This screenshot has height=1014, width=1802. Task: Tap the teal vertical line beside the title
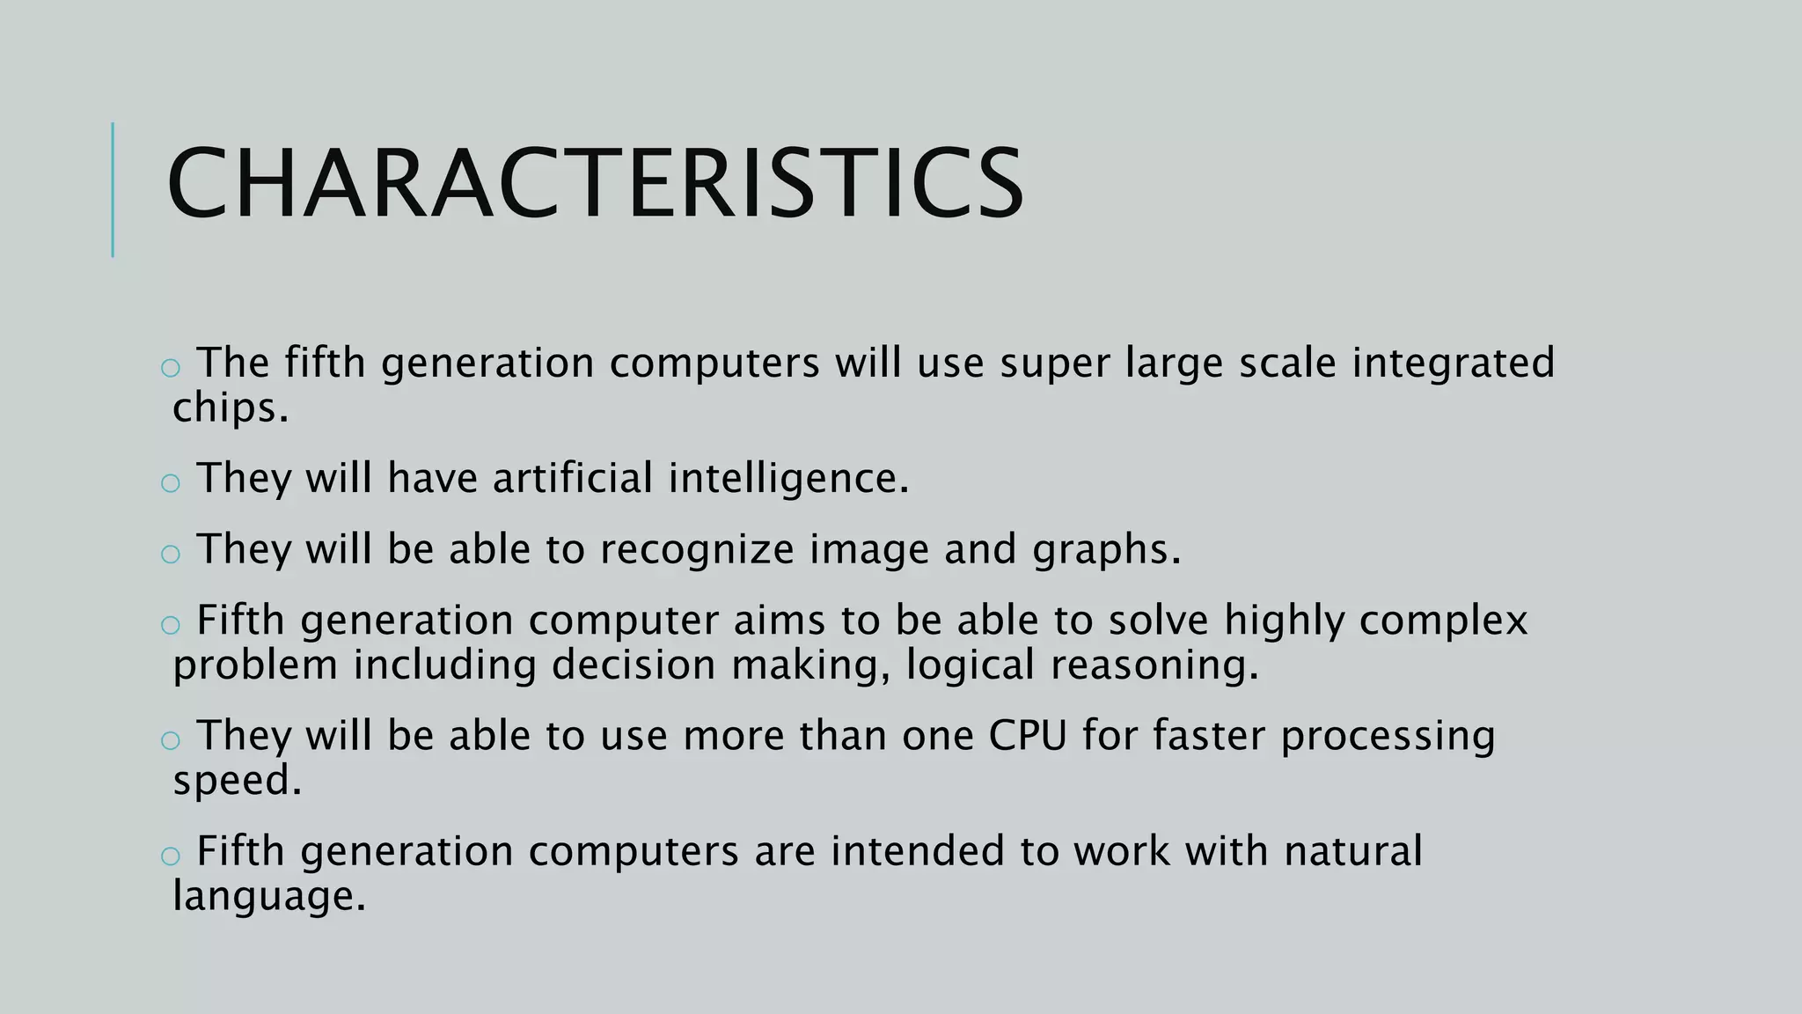click(113, 190)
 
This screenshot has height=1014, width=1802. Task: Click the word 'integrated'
click(1454, 363)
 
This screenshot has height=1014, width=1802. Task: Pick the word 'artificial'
click(573, 478)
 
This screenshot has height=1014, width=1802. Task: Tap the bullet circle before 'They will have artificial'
click(171, 482)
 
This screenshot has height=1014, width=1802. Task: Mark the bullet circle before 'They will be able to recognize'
click(171, 554)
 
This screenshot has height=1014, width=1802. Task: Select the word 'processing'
click(1388, 737)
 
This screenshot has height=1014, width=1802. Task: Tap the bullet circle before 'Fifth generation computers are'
click(171, 856)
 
